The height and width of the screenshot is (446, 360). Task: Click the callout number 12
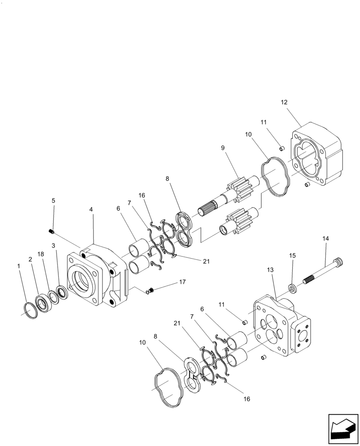(284, 102)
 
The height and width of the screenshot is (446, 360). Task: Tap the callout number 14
(326, 239)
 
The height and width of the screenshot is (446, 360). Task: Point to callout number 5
(53, 201)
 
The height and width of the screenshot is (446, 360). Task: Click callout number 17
(182, 282)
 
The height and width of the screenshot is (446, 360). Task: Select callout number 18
(41, 254)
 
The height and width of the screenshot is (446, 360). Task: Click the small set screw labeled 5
(51, 231)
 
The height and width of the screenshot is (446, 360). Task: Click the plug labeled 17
(151, 291)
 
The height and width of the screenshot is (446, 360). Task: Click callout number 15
(293, 256)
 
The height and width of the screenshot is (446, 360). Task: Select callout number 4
(91, 209)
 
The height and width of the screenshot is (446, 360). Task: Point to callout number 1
(19, 266)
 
